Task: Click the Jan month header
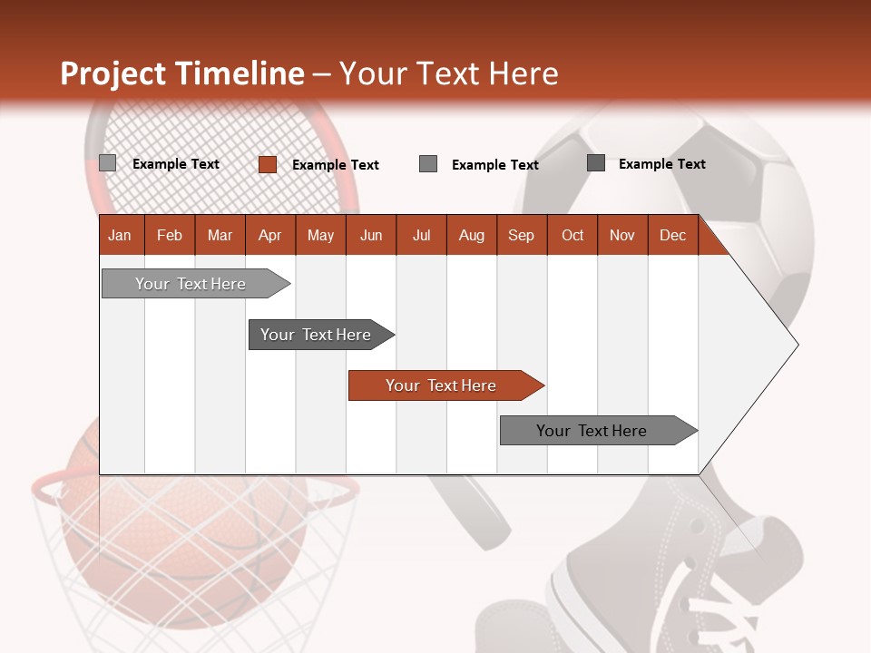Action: [121, 235]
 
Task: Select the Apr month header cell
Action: [270, 235]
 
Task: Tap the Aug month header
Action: [472, 235]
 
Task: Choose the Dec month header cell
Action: [673, 235]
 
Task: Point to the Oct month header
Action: [573, 235]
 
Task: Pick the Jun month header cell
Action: [371, 235]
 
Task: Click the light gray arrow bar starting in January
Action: [191, 284]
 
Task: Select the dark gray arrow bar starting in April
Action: [316, 335]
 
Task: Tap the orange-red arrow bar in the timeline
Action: [441, 385]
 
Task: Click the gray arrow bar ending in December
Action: [592, 431]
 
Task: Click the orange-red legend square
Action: [268, 164]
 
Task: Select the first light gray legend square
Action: [108, 163]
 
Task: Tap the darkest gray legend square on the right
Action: [596, 163]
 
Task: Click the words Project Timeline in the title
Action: [182, 73]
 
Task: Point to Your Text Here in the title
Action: [448, 73]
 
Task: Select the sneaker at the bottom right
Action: [690, 580]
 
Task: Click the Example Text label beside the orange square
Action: [335, 165]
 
